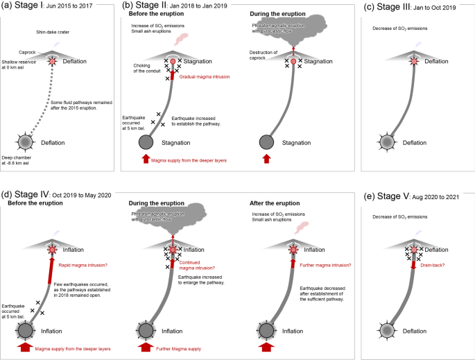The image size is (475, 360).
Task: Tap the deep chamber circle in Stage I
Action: tap(26, 142)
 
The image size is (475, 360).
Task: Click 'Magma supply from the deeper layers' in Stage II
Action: tap(188, 160)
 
